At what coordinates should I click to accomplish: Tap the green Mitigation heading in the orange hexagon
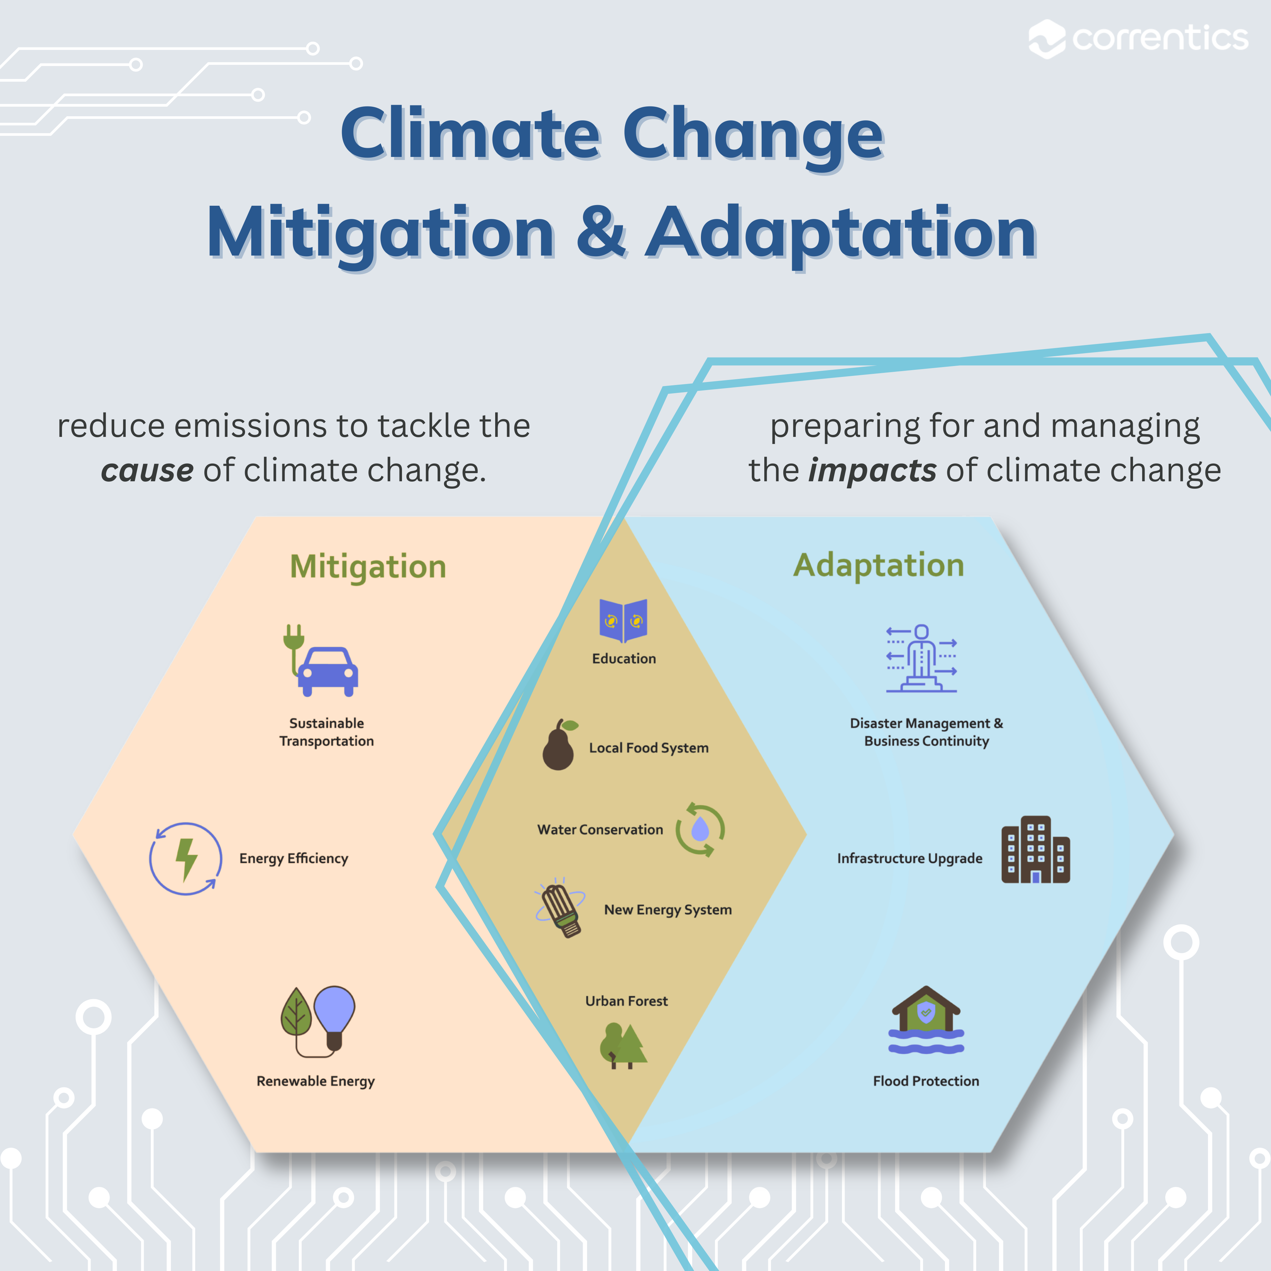click(x=368, y=566)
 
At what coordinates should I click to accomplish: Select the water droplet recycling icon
click(x=700, y=830)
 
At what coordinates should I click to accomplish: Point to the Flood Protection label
click(x=926, y=1081)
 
